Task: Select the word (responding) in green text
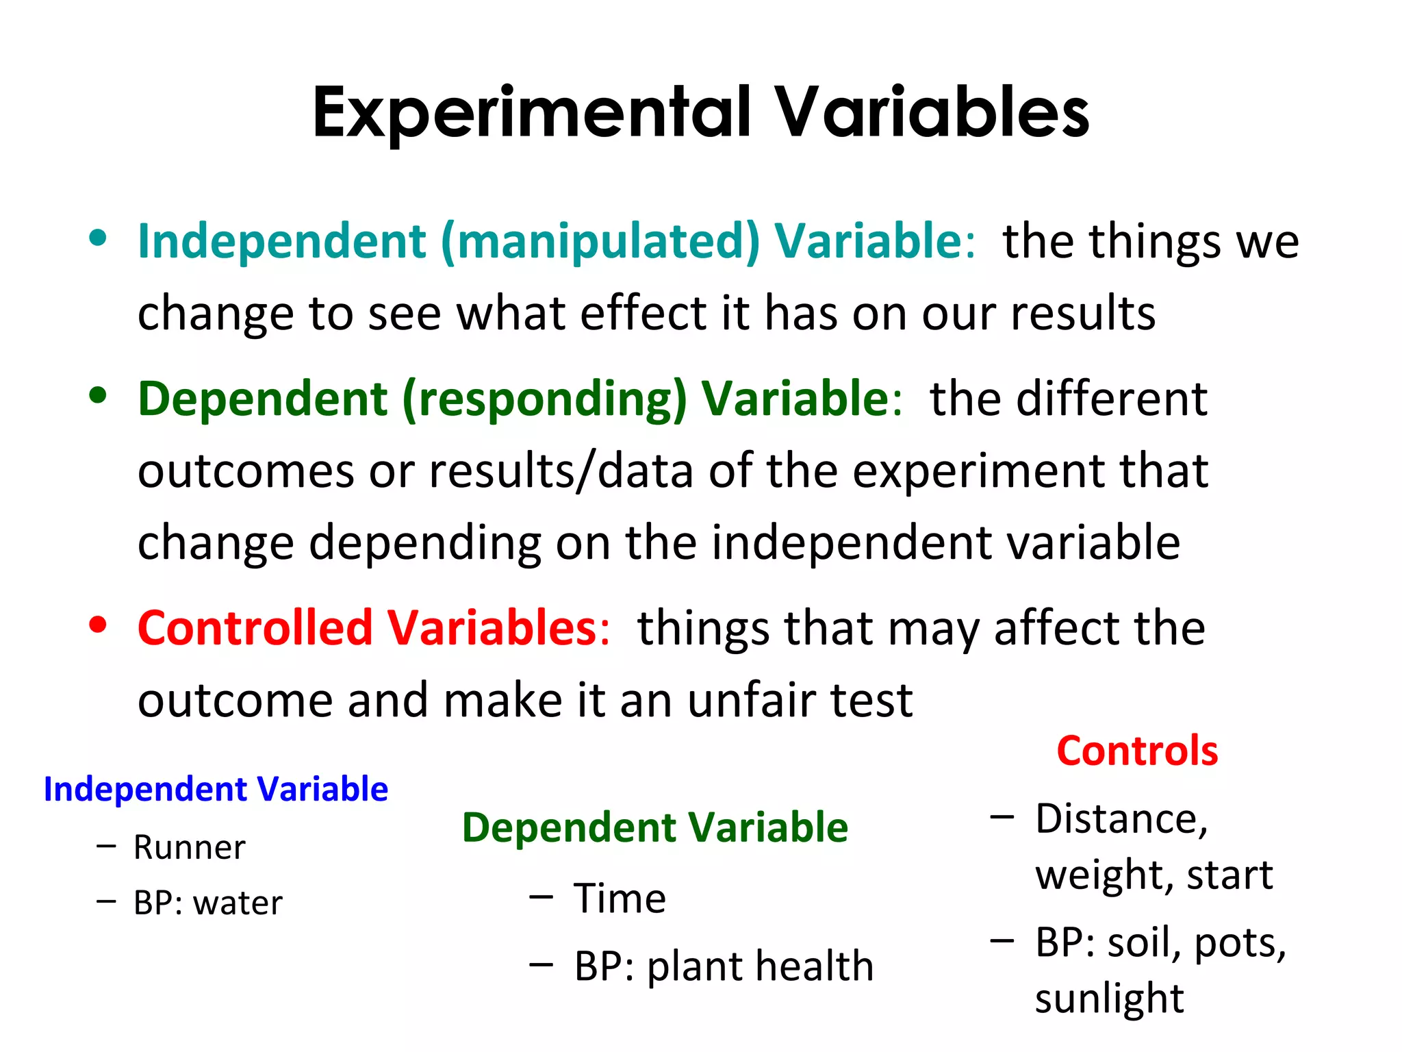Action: pos(544,399)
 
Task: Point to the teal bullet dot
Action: pos(98,238)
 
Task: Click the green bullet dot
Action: pos(98,395)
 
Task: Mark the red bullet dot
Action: pos(98,625)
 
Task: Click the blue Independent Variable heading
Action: pos(216,789)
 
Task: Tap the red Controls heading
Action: pos(1137,751)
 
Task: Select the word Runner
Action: pos(189,848)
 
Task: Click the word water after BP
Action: pos(238,903)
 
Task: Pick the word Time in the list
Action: pos(620,899)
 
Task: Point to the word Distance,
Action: pos(1121,819)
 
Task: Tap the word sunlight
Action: pos(1109,999)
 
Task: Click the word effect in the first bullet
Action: pos(643,313)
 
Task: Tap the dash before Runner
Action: pos(106,847)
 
